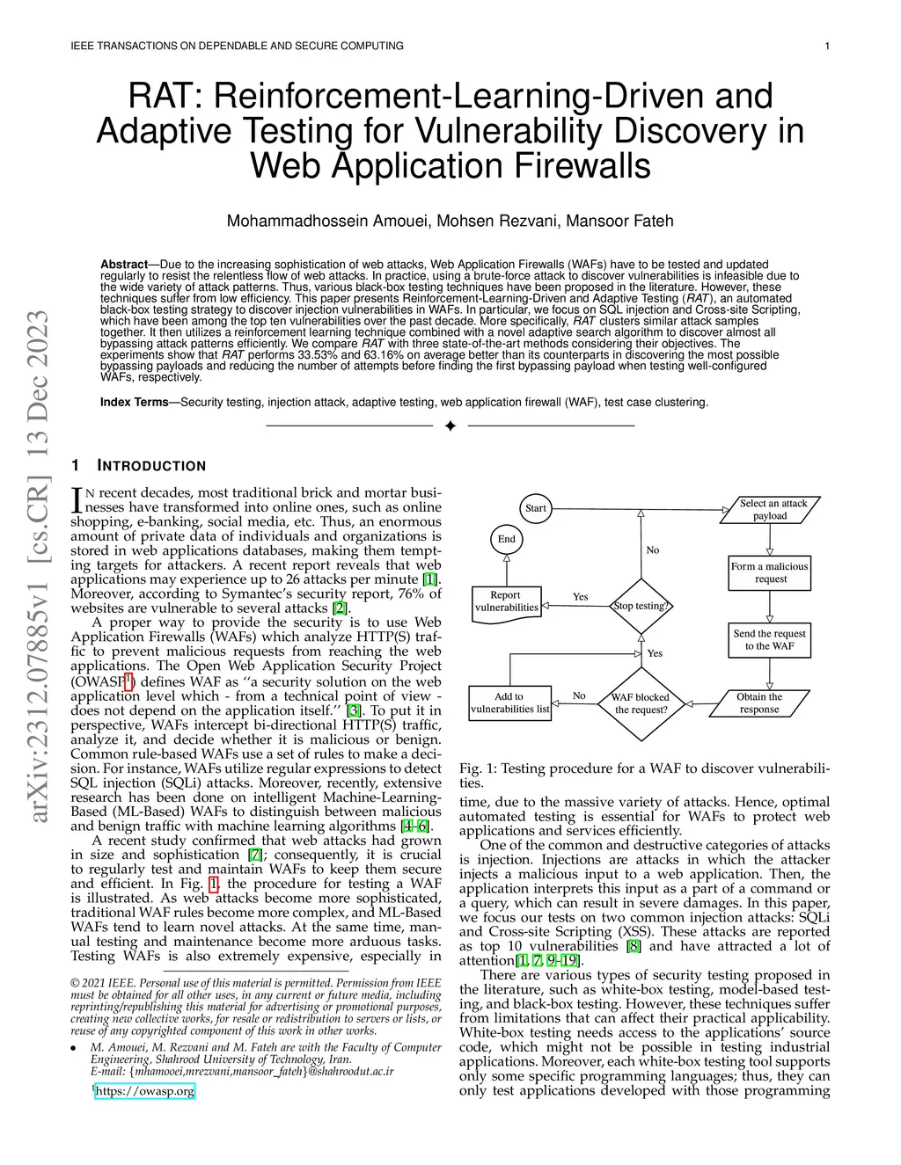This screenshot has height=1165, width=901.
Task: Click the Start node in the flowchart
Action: (x=535, y=508)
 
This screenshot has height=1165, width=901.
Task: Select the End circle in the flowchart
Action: (x=507, y=539)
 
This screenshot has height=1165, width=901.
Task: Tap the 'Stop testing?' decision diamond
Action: (x=641, y=606)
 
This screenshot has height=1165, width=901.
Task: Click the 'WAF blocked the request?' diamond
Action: (x=641, y=703)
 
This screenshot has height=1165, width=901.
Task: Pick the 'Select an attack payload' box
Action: (x=770, y=510)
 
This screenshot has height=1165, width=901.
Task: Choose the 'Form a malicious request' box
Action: (x=770, y=572)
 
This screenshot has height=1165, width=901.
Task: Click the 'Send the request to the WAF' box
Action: (x=770, y=639)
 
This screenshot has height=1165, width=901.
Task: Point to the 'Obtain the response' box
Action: (x=759, y=703)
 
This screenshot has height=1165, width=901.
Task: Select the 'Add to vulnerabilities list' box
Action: (x=509, y=703)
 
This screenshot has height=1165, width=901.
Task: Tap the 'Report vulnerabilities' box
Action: (x=506, y=602)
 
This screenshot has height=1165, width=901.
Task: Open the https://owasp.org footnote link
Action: (x=144, y=1091)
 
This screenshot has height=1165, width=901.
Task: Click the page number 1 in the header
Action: (x=827, y=46)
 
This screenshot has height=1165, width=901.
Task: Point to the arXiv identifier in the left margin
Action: (x=39, y=567)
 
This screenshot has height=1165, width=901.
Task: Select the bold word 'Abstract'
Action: (x=123, y=265)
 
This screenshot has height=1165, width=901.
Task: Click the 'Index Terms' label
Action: (x=134, y=402)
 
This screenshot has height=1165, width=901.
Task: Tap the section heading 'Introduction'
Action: (x=150, y=466)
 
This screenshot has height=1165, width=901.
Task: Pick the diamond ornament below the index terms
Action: (x=450, y=426)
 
